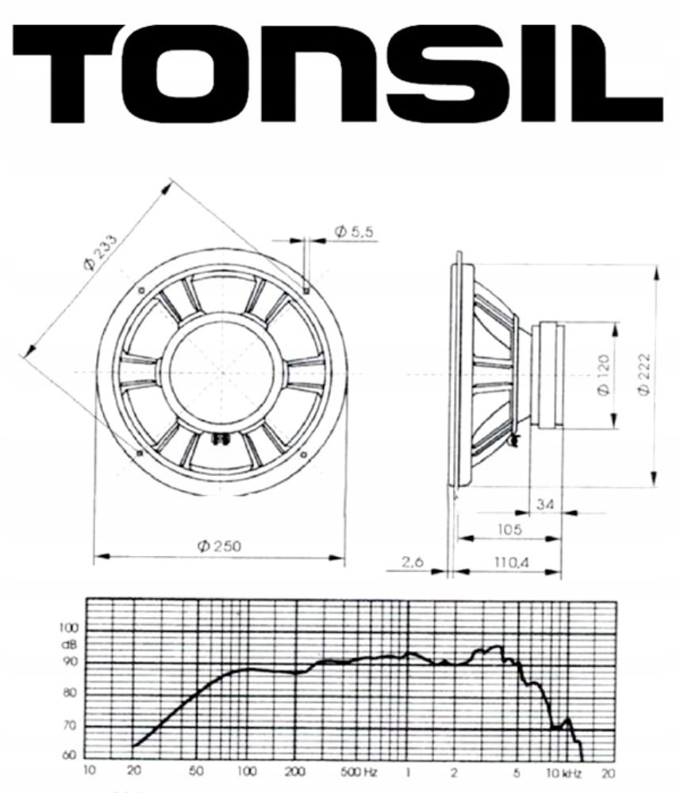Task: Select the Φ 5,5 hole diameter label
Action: [353, 232]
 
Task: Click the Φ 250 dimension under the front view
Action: [219, 546]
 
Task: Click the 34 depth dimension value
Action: [546, 504]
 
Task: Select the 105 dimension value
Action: [510, 529]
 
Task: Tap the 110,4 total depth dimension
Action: [511, 561]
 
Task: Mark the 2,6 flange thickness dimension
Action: [412, 561]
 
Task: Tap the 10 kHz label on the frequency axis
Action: [558, 771]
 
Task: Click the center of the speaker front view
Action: [222, 372]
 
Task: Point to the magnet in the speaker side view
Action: [547, 374]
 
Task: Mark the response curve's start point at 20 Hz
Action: [134, 746]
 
